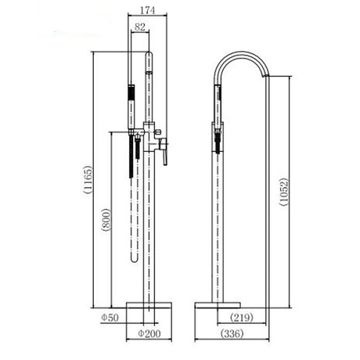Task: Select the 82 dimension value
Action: [139, 28]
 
